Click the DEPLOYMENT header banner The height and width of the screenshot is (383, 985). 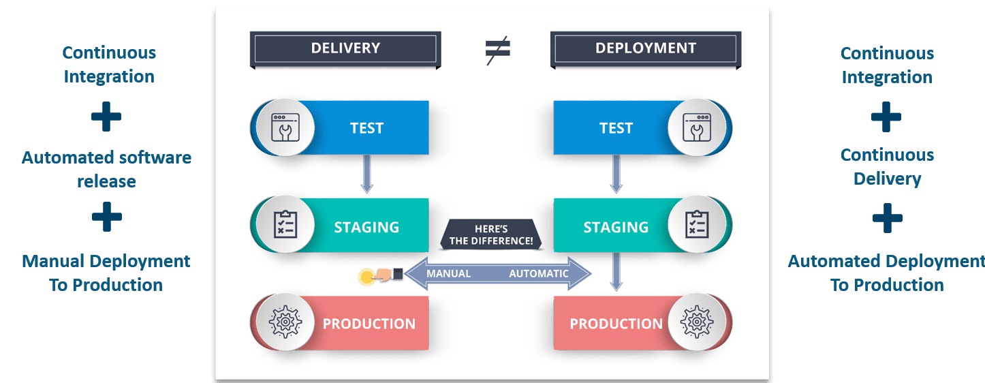645,49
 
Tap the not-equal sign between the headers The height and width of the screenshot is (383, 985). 497,50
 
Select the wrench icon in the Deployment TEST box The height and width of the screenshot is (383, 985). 695,127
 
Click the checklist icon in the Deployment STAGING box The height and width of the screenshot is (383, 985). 695,226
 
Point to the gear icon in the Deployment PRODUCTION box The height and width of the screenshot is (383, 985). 695,323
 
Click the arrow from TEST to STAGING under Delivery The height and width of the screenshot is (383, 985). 366,174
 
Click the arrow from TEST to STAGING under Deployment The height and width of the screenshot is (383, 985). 616,174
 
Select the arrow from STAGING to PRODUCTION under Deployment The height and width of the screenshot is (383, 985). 616,271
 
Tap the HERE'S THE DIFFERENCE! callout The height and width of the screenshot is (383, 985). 492,234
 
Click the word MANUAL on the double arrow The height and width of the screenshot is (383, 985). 448,274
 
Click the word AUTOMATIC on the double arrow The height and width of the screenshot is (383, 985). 538,274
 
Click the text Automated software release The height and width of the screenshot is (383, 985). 106,169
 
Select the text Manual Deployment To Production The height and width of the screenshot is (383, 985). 106,273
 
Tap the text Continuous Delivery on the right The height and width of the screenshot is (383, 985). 886,167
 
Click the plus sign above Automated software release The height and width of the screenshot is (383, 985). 106,118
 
